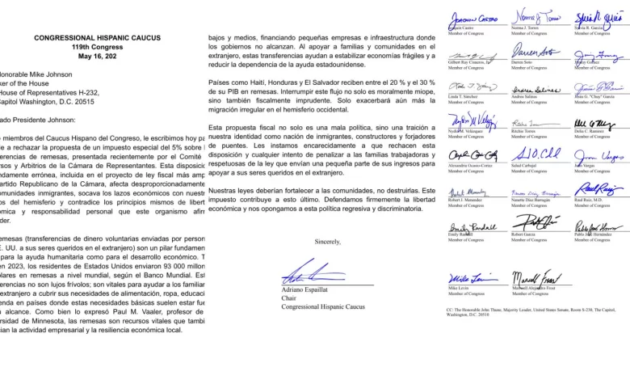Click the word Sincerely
(327, 242)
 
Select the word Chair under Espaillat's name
(290, 298)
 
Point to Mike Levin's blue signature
(469, 275)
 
